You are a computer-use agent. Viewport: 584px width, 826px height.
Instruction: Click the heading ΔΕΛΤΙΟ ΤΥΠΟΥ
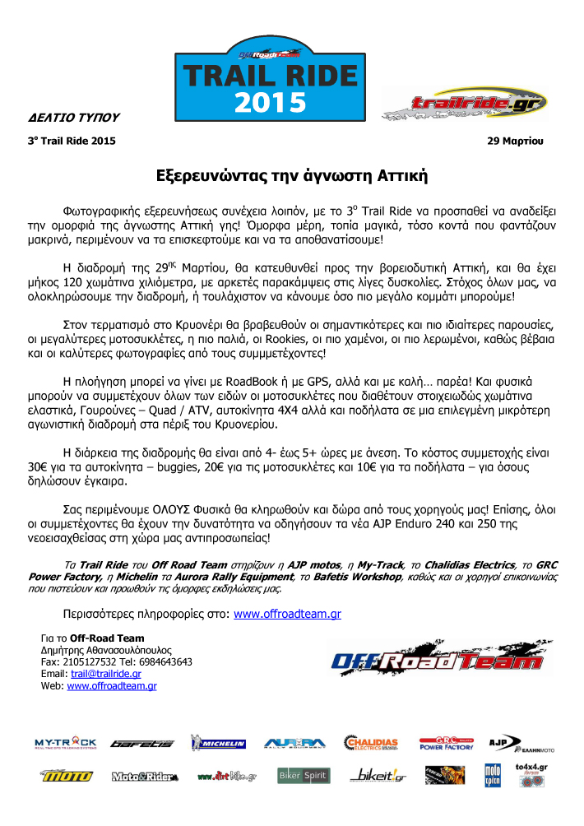pyautogui.click(x=68, y=118)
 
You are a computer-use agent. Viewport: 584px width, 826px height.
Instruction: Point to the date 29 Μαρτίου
pyautogui.click(x=516, y=141)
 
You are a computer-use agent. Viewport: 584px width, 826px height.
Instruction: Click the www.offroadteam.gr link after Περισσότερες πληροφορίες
pyautogui.click(x=288, y=614)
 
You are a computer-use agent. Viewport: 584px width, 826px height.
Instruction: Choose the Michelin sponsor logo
pyautogui.click(x=219, y=743)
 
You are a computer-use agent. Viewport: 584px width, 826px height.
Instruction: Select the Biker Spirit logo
pyautogui.click(x=303, y=775)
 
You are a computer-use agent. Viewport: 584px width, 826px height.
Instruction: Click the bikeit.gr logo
pyautogui.click(x=378, y=775)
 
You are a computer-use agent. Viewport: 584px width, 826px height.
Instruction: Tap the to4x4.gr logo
pyautogui.click(x=531, y=773)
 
